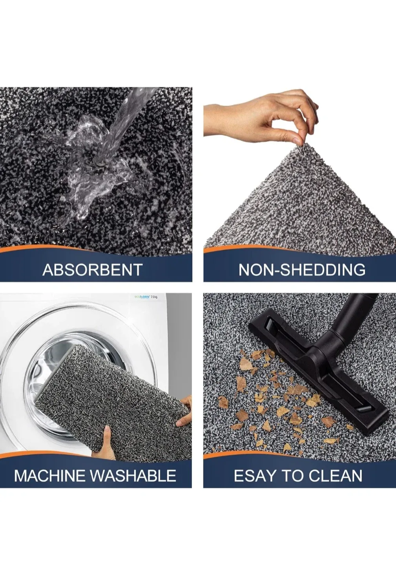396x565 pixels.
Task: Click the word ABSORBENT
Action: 92,270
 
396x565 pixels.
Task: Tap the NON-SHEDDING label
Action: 302,270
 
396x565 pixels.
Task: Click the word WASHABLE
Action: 133,476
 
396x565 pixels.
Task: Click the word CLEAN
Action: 335,476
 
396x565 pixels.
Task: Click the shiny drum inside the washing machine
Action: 59,361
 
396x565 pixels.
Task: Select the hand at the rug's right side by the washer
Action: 184,410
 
